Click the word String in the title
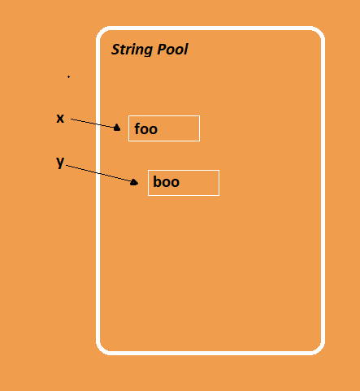(132, 50)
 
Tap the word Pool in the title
(172, 50)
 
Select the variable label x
(60, 119)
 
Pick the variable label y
(60, 163)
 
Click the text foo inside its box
(145, 128)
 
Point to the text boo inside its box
(166, 181)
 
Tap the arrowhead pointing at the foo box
(117, 128)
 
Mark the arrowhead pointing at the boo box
(134, 182)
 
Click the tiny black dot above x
(68, 77)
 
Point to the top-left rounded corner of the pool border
(102, 32)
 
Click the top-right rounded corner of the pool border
(319, 32)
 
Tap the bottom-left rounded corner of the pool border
(102, 350)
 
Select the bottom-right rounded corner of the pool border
(319, 350)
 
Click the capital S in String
(115, 50)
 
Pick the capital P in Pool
(162, 50)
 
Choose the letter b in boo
(158, 181)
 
